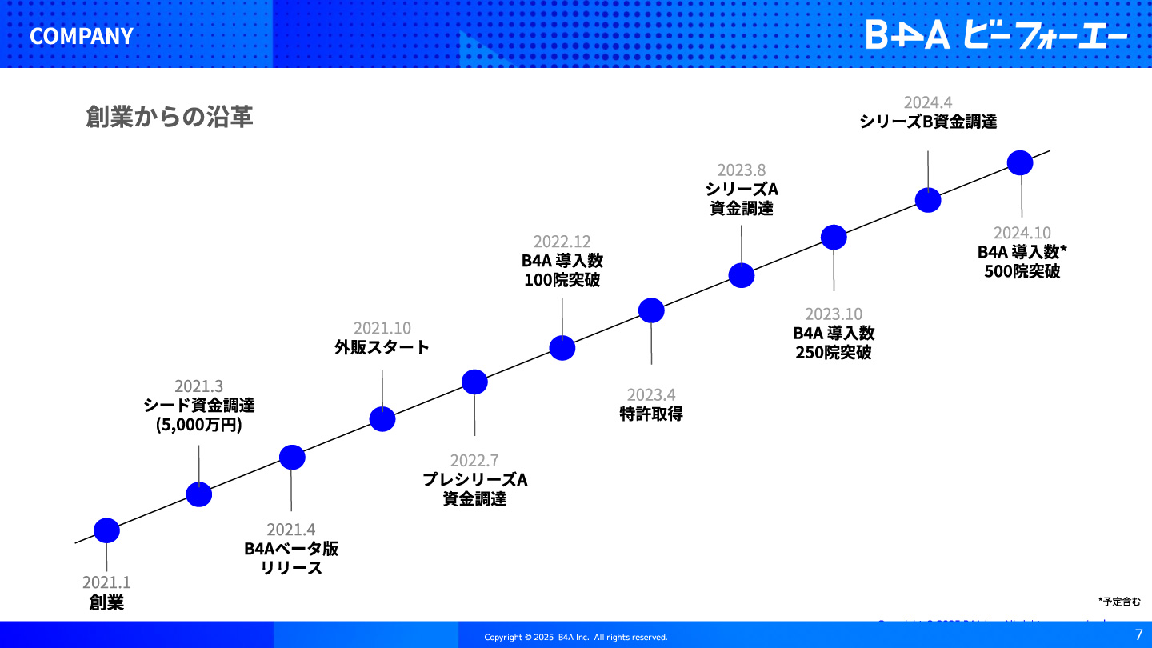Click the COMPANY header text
[82, 36]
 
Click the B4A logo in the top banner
[996, 34]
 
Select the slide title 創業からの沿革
[170, 116]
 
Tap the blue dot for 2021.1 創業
[106, 530]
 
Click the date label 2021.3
[198, 386]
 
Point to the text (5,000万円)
[198, 425]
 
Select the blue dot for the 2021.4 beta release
[292, 458]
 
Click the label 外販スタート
[382, 347]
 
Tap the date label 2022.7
[474, 460]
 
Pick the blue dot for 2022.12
[562, 348]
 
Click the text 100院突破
[562, 280]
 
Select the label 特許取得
[651, 414]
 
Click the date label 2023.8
[741, 170]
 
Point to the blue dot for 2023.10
[834, 237]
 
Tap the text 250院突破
[834, 353]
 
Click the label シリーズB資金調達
[928, 122]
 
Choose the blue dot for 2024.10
[1020, 163]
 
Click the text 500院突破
[1022, 271]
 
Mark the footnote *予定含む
[1119, 602]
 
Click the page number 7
[1138, 634]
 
